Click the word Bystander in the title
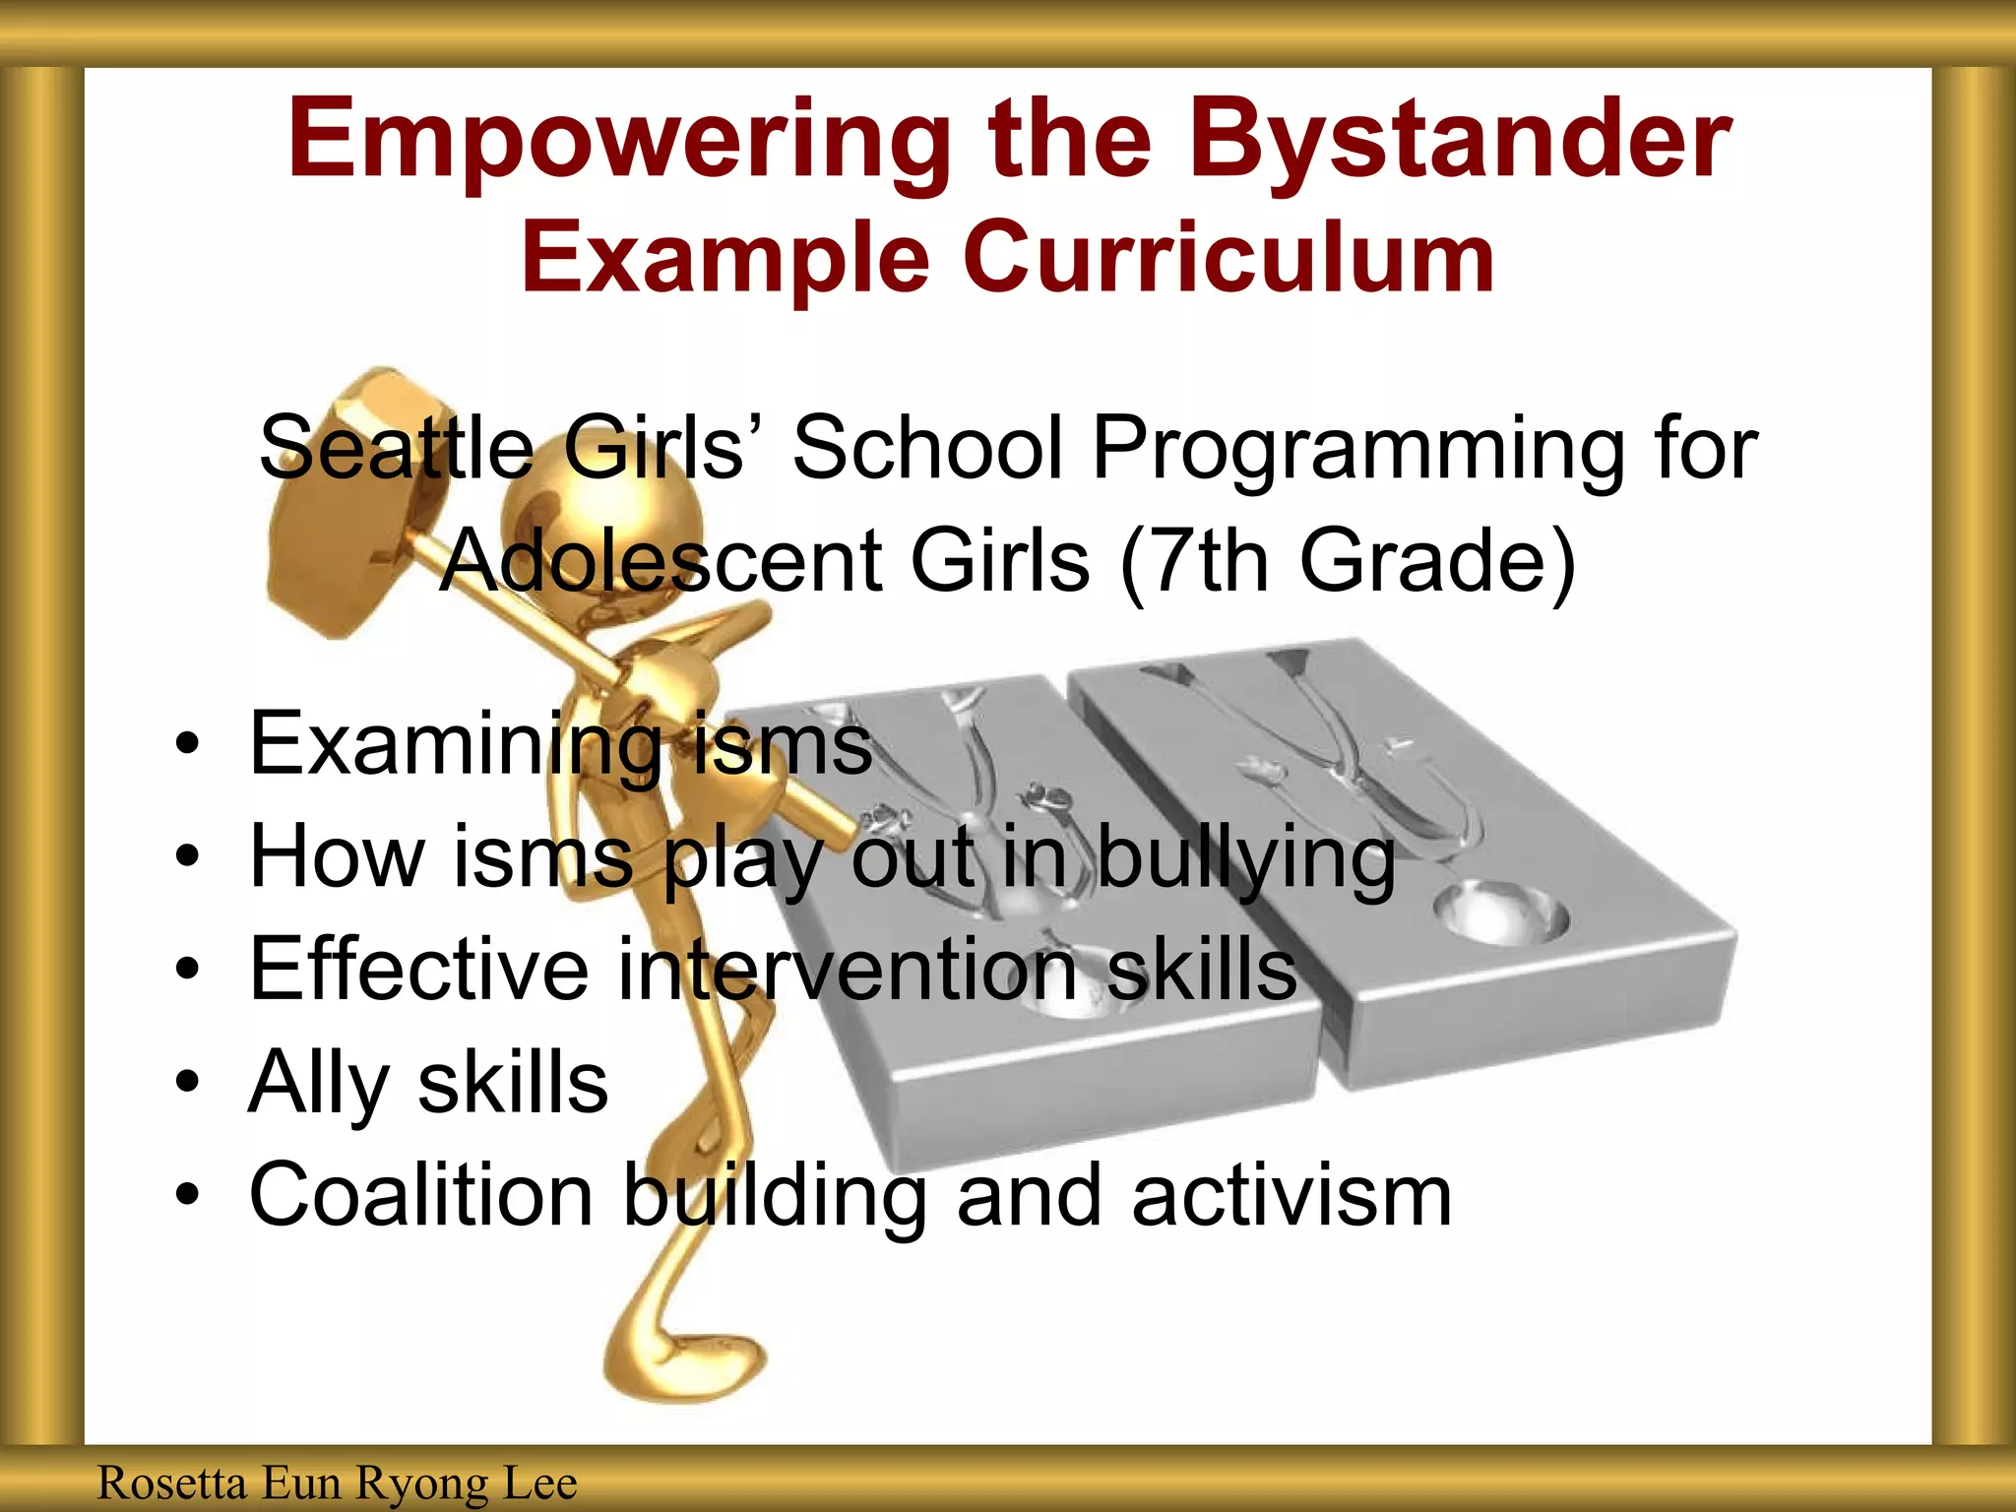coord(1461,141)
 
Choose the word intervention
coord(848,970)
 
